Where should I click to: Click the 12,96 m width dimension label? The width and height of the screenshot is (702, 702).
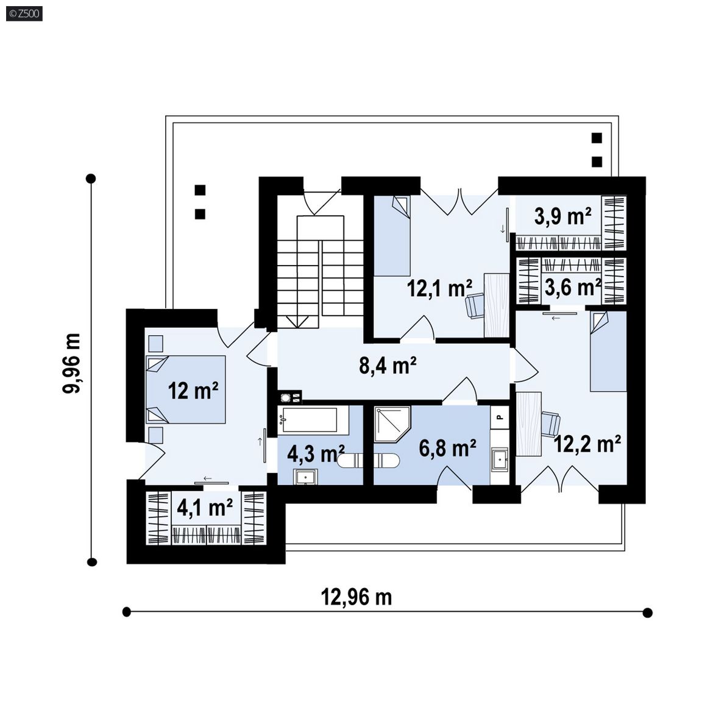(356, 597)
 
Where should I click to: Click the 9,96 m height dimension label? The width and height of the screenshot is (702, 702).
(72, 363)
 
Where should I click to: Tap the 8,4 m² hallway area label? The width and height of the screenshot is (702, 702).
(388, 366)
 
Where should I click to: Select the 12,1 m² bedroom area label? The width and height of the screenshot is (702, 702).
(439, 288)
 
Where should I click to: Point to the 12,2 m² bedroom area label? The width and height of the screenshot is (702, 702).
(587, 444)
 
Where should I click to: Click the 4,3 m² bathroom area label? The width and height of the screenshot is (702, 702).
(316, 453)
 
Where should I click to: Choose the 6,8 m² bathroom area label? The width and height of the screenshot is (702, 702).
(447, 448)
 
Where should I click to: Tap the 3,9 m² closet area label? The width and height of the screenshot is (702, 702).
(563, 217)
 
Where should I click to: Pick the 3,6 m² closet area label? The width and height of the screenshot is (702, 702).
(573, 287)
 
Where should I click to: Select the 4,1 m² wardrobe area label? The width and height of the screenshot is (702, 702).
(205, 508)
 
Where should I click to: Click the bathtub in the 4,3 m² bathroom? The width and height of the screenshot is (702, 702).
(313, 420)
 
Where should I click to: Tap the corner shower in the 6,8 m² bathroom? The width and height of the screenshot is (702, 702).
(392, 424)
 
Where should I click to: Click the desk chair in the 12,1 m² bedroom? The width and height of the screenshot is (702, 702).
(475, 306)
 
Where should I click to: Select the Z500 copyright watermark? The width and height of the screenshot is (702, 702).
(24, 13)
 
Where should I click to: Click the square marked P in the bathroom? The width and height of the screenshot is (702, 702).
(500, 417)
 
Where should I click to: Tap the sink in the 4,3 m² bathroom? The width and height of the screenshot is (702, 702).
(306, 477)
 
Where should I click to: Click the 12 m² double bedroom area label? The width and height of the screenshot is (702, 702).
(193, 391)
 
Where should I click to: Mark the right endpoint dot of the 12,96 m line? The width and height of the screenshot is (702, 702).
(647, 612)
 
